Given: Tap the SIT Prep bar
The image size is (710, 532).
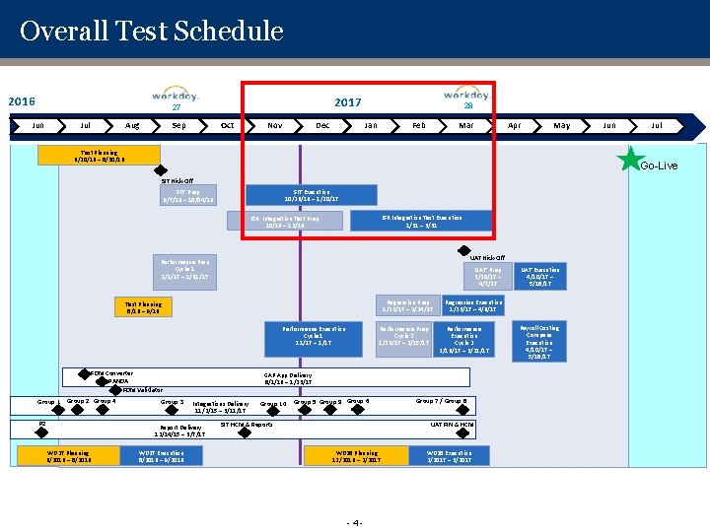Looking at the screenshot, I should pyautogui.click(x=187, y=195).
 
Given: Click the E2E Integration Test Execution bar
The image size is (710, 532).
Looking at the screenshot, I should pyautogui.click(x=421, y=221).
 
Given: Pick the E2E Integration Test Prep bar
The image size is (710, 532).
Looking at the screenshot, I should pyautogui.click(x=285, y=221).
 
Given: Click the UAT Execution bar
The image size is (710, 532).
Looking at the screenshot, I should pyautogui.click(x=539, y=276).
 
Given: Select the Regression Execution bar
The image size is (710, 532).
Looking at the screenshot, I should pyautogui.click(x=473, y=306).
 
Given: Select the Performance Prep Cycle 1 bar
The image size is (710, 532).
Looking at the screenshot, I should pyautogui.click(x=184, y=270).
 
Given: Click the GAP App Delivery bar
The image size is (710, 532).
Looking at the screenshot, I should pyautogui.click(x=287, y=377).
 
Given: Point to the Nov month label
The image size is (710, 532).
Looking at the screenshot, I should pyautogui.click(x=275, y=126).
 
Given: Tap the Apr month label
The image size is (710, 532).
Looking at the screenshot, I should pyautogui.click(x=514, y=126).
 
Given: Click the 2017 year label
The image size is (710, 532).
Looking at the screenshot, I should pyautogui.click(x=347, y=102).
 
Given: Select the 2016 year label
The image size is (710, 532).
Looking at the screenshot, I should pyautogui.click(x=22, y=101).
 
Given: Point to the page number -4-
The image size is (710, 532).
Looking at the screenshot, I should pyautogui.click(x=355, y=522).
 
